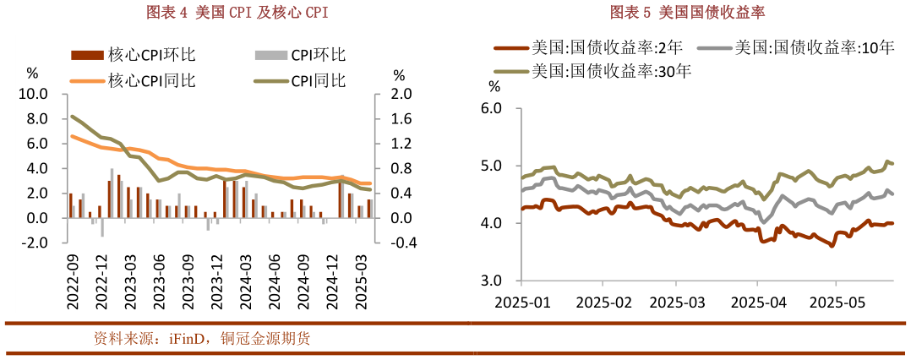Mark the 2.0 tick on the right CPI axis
[x=401, y=94]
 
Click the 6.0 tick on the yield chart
[x=491, y=108]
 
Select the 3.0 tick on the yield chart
[x=491, y=281]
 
